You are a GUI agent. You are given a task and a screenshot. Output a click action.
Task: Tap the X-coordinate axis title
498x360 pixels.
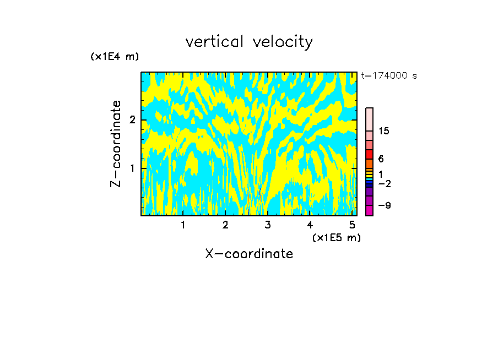pos(249,254)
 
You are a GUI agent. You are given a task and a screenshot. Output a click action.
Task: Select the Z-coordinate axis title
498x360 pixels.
pos(116,144)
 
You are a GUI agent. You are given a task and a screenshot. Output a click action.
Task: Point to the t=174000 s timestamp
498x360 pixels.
pos(389,76)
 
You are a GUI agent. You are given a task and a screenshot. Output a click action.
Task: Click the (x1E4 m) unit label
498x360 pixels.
pos(115,57)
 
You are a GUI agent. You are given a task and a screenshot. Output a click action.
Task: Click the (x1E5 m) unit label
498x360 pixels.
pos(336,238)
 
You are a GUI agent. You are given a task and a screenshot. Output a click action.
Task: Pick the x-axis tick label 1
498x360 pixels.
pos(183,225)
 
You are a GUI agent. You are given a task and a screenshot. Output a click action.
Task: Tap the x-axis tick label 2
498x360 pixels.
pos(225,225)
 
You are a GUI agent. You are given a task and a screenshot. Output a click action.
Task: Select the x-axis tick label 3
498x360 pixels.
pos(268,225)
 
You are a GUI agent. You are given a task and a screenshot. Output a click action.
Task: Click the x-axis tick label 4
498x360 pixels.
pos(310,225)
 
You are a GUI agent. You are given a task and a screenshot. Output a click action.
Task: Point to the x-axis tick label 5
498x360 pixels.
pos(353,225)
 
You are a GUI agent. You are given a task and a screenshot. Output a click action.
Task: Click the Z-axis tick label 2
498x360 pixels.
pos(132,120)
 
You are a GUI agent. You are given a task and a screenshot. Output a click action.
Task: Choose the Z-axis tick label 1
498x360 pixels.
pos(132,168)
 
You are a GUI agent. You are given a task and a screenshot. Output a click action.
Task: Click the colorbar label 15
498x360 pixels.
pos(384,131)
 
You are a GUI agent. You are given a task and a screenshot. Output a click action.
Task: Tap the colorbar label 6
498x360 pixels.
pos(381,159)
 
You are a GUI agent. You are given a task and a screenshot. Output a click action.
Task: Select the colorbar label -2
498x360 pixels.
pos(384,183)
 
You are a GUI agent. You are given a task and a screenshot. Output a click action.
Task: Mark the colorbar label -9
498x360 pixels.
pos(384,205)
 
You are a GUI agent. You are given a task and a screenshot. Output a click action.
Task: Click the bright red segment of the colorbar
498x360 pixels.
pos(370,155)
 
